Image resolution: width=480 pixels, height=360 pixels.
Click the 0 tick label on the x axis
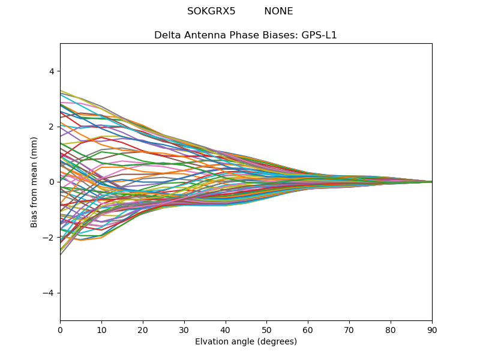tap(60, 329)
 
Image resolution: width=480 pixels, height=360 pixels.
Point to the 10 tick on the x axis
tap(101, 329)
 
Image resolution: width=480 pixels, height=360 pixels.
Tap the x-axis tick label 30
tap(184, 329)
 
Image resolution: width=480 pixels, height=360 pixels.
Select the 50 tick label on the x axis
tap(266, 329)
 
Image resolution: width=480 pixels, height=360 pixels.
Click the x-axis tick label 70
tap(349, 329)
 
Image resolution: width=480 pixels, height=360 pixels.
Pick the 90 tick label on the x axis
tap(432, 329)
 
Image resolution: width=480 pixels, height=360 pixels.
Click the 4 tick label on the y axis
tap(51, 71)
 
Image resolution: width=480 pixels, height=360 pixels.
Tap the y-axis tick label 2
tap(51, 127)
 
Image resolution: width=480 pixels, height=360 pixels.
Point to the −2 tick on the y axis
tap(49, 238)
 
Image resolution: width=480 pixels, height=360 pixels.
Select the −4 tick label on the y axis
tap(49, 293)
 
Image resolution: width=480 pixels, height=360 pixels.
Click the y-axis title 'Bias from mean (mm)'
tap(34, 182)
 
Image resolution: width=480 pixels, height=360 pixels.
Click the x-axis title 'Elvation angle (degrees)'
tap(246, 342)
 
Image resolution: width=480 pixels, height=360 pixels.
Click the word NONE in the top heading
tap(278, 11)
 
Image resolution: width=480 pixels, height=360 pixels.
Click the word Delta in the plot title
tap(167, 35)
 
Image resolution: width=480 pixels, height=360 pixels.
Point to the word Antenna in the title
tap(205, 35)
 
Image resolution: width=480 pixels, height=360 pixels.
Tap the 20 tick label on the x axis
tap(143, 329)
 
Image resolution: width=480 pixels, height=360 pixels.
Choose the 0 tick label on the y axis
tap(51, 182)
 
